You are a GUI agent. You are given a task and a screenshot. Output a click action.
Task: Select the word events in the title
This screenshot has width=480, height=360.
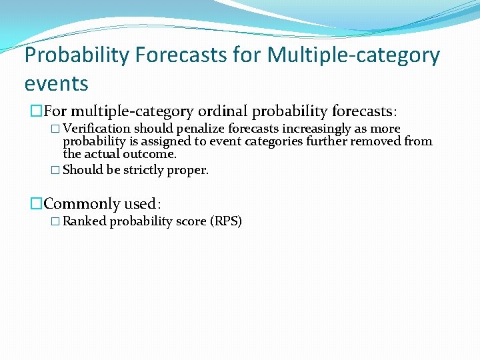pos(56,84)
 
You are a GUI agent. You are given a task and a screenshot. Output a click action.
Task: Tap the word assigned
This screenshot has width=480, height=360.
pos(160,141)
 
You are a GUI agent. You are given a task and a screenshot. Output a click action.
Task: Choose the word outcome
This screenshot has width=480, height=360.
pos(152,154)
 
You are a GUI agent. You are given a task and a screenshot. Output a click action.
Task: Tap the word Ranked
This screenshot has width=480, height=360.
pos(85,221)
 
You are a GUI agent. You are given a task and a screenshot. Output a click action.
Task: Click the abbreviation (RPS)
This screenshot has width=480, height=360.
pos(225,221)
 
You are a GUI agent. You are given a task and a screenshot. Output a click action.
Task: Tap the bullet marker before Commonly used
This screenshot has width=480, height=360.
pos(37,204)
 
